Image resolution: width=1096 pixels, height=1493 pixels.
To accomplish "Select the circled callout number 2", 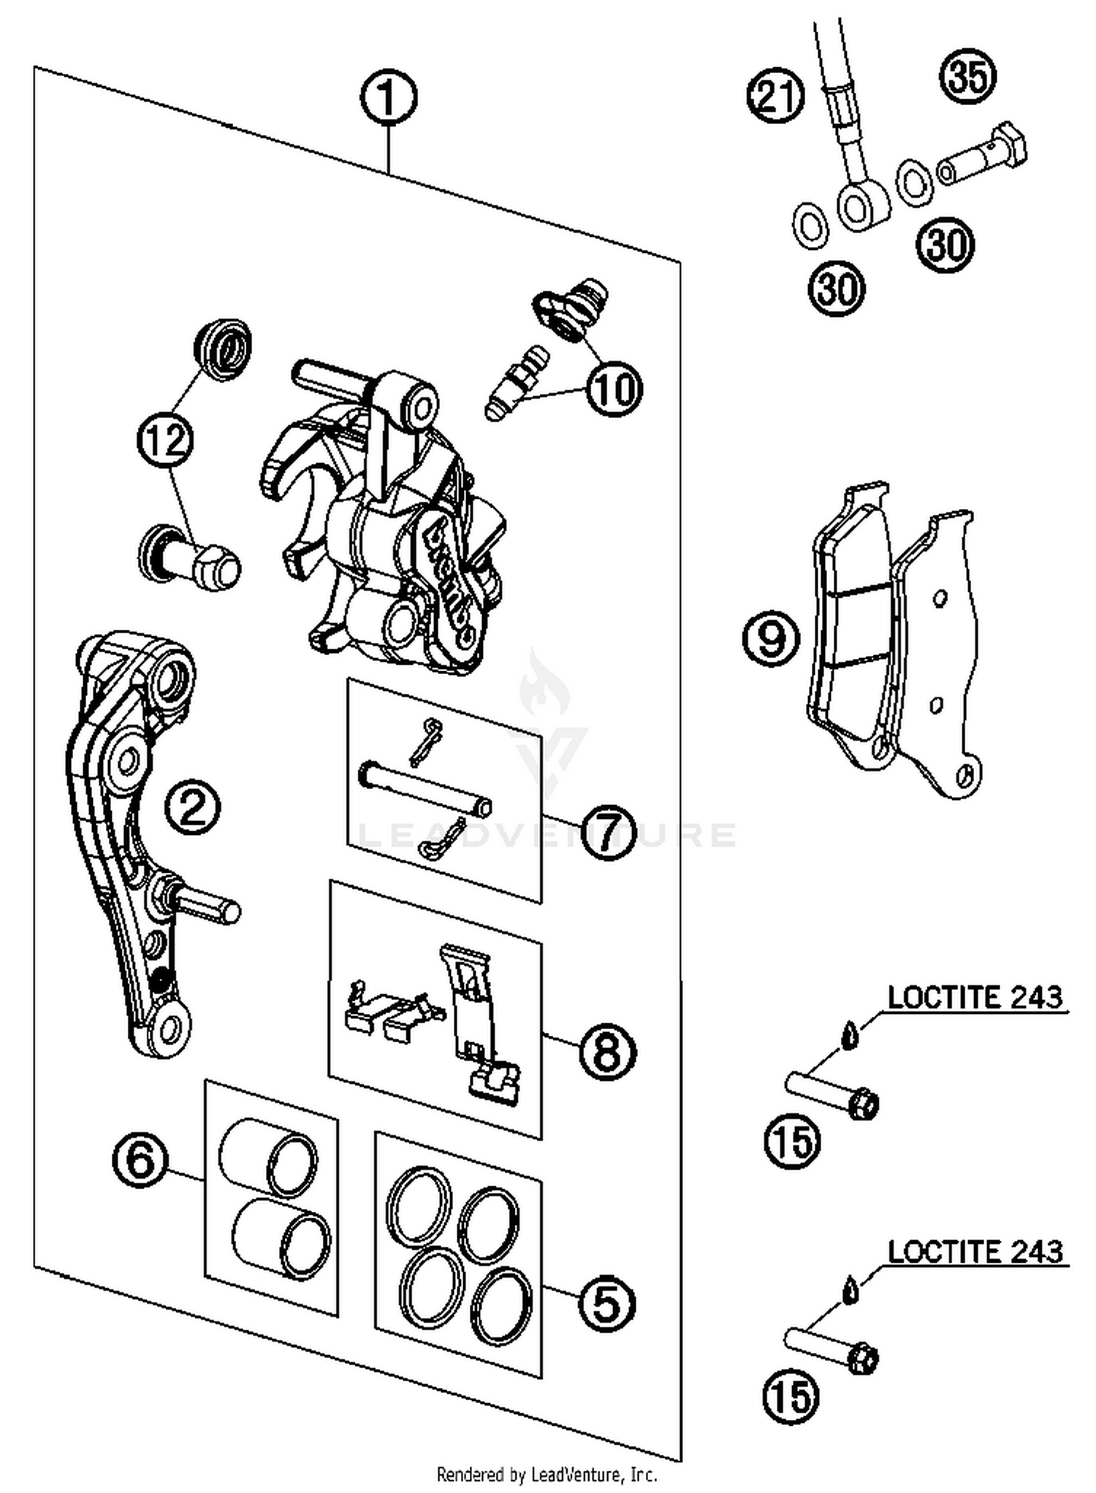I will pos(192,807).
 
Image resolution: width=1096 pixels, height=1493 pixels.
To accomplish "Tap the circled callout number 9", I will pos(771,638).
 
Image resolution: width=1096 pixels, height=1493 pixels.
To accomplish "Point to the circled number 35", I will pos(968,77).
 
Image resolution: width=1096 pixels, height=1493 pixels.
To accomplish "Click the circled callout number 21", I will pos(775,96).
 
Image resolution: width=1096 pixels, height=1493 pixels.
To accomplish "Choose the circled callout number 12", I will pos(165,440).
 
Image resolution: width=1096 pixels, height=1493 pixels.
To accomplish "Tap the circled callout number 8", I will pos(608,1052).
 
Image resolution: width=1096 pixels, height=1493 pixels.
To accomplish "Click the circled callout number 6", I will pos(140,1159).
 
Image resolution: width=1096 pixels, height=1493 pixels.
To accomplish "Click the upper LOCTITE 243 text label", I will pos(975,998).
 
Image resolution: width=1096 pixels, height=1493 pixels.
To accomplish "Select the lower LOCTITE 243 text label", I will pos(975,1252).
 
